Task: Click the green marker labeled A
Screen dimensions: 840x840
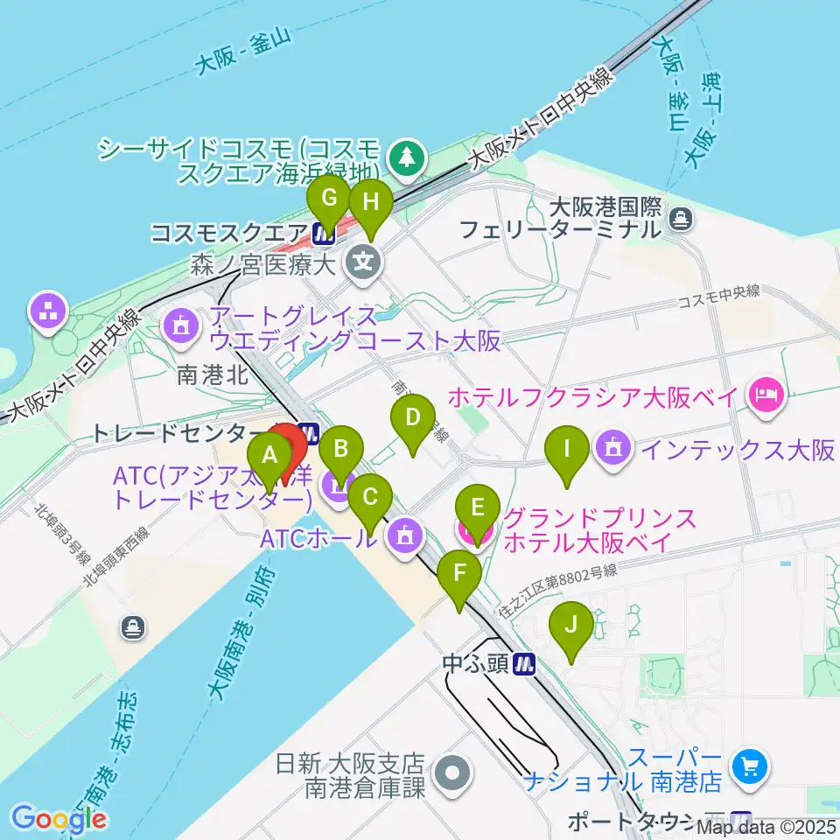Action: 269,455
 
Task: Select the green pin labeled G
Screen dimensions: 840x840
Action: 329,199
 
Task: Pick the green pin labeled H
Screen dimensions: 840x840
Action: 371,203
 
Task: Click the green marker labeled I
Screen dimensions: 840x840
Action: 567,451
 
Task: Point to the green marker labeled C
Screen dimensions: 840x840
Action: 369,499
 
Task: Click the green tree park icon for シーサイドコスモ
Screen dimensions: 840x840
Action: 407,157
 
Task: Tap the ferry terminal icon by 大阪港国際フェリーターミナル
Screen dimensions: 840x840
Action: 681,217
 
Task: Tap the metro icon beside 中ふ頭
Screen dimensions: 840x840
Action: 525,664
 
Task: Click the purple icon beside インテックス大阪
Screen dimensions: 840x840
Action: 616,449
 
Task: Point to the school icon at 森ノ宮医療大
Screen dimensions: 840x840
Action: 362,260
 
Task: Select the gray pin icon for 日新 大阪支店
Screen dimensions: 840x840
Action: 453,773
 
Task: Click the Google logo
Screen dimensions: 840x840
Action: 59,819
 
